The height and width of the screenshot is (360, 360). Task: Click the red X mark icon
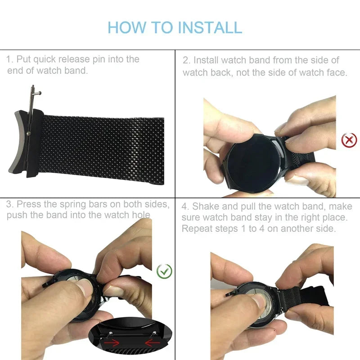[349, 140]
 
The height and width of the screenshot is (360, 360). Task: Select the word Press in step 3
[31, 204]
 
